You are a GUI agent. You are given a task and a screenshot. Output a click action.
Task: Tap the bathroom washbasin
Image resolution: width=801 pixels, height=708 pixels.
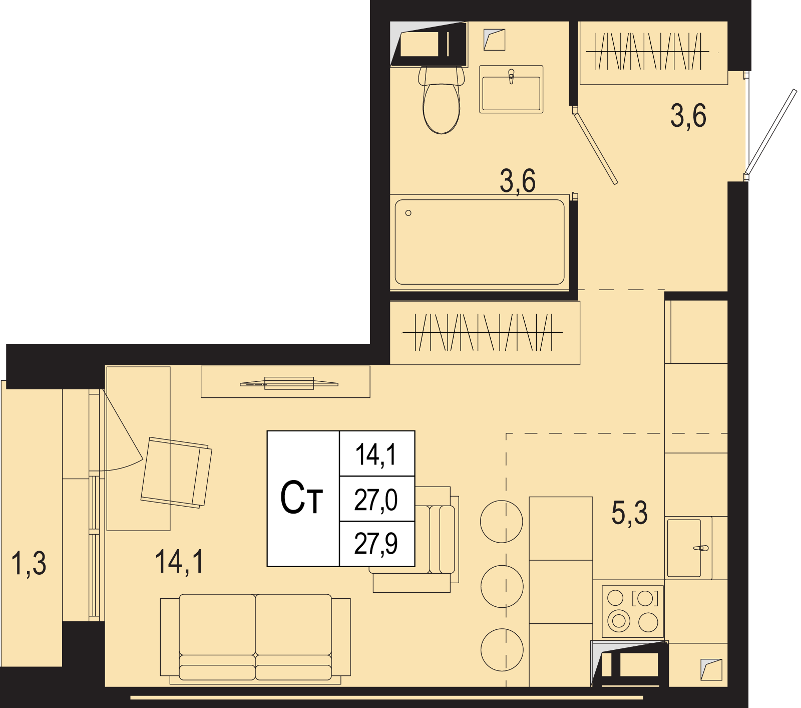511,89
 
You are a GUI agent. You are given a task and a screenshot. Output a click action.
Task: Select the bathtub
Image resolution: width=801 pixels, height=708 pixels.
480,242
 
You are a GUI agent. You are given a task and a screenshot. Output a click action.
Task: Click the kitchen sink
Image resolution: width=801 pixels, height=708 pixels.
689,548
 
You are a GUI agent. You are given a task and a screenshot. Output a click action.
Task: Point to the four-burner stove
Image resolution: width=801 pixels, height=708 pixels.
633,611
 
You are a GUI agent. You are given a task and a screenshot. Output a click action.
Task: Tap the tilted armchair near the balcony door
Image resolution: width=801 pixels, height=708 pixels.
176,473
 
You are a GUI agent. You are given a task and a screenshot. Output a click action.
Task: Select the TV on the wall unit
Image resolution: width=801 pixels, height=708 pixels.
289,383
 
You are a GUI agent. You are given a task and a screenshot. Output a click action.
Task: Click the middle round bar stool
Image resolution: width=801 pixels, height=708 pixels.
502,586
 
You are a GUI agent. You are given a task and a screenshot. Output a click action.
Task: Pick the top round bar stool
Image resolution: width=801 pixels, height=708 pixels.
502,522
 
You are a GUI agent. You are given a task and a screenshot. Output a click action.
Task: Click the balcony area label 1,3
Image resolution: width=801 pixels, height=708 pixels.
29,563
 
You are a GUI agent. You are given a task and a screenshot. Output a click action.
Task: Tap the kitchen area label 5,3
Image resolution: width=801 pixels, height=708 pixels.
629,513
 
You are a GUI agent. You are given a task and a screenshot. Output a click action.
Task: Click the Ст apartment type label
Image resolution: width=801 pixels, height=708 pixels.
302,498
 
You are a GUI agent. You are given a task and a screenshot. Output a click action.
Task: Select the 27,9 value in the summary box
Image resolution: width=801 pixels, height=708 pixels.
376,544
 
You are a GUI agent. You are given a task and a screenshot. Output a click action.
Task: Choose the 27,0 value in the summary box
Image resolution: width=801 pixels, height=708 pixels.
376,500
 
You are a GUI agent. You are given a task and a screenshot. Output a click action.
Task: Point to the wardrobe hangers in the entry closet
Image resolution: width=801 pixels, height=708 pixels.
647,51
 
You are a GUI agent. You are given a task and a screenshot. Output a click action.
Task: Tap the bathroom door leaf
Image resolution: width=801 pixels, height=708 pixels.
595,148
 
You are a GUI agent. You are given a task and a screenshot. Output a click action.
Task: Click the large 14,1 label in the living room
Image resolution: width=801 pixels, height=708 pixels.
180,562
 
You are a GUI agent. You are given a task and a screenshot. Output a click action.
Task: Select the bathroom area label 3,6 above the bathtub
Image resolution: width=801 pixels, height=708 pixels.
518,181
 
